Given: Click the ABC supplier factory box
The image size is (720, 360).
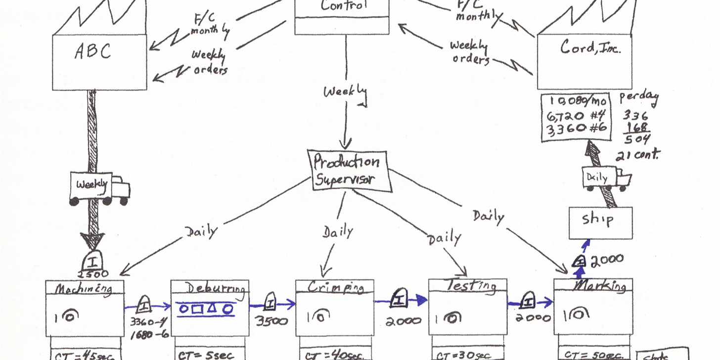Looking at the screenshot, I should click(x=99, y=61).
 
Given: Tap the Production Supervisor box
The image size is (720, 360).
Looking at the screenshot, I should click(x=347, y=171).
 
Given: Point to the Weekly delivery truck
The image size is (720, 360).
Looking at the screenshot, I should click(x=99, y=188).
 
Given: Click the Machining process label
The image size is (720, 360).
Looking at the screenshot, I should click(x=84, y=289).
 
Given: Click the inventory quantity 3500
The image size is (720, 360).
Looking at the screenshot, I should click(x=271, y=321).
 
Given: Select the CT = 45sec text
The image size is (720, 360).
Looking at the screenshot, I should click(x=85, y=355).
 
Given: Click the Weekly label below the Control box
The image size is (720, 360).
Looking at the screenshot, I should click(x=345, y=91).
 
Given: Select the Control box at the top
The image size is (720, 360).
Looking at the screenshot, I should click(x=342, y=15).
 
